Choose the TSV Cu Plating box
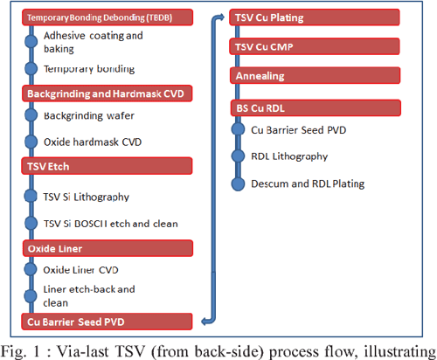[x=315, y=17]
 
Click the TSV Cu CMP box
[x=315, y=46]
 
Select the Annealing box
[x=315, y=76]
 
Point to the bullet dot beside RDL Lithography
[x=236, y=156]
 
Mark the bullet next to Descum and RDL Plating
[x=236, y=183]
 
